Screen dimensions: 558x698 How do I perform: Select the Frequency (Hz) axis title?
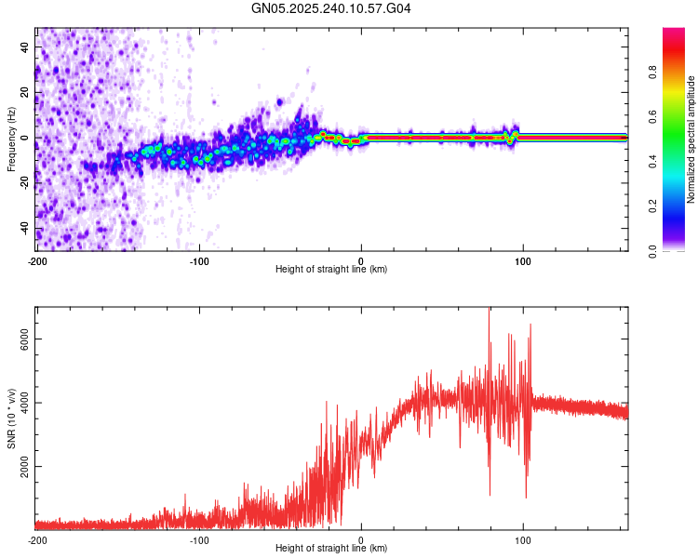tap(11, 139)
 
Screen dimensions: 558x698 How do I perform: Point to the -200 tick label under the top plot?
tap(37, 259)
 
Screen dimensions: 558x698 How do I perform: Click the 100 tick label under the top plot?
tap(523, 259)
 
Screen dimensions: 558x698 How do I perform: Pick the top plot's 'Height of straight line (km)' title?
tap(331, 270)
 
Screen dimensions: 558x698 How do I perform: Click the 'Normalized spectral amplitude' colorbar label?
tap(691, 139)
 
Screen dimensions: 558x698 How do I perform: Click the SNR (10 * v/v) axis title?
tap(11, 418)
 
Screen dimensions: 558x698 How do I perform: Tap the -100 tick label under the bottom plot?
tap(199, 539)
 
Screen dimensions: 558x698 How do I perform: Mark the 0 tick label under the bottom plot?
tap(361, 539)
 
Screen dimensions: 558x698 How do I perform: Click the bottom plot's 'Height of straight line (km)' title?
tap(331, 549)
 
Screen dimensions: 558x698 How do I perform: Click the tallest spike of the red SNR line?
tap(490, 312)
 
